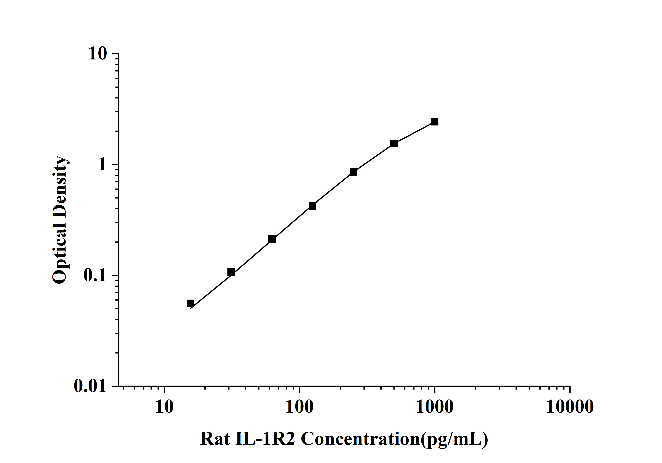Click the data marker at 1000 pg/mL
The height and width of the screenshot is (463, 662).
click(x=435, y=122)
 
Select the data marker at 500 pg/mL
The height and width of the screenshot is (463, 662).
click(x=394, y=143)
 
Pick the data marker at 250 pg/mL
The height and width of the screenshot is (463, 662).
click(x=353, y=172)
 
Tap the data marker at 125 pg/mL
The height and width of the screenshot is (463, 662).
click(x=313, y=206)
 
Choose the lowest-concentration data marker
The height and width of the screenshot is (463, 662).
click(x=190, y=303)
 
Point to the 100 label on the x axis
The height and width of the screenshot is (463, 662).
click(x=300, y=407)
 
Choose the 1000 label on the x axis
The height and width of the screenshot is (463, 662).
click(x=435, y=407)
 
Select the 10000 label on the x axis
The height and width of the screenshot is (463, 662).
click(x=570, y=407)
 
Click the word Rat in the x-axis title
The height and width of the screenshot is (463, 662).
click(x=215, y=439)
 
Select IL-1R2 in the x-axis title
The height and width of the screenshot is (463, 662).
click(x=265, y=439)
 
